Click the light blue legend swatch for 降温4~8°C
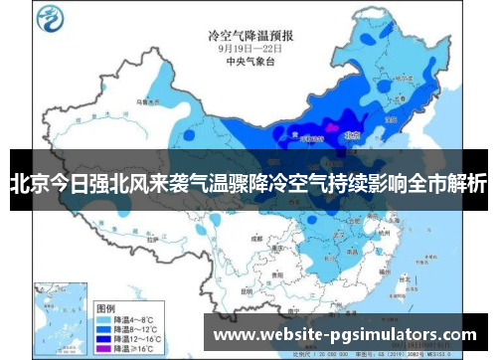[104, 297]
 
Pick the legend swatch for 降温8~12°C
[104, 309]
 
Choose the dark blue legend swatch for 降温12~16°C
[104, 321]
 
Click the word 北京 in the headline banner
[28, 183]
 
